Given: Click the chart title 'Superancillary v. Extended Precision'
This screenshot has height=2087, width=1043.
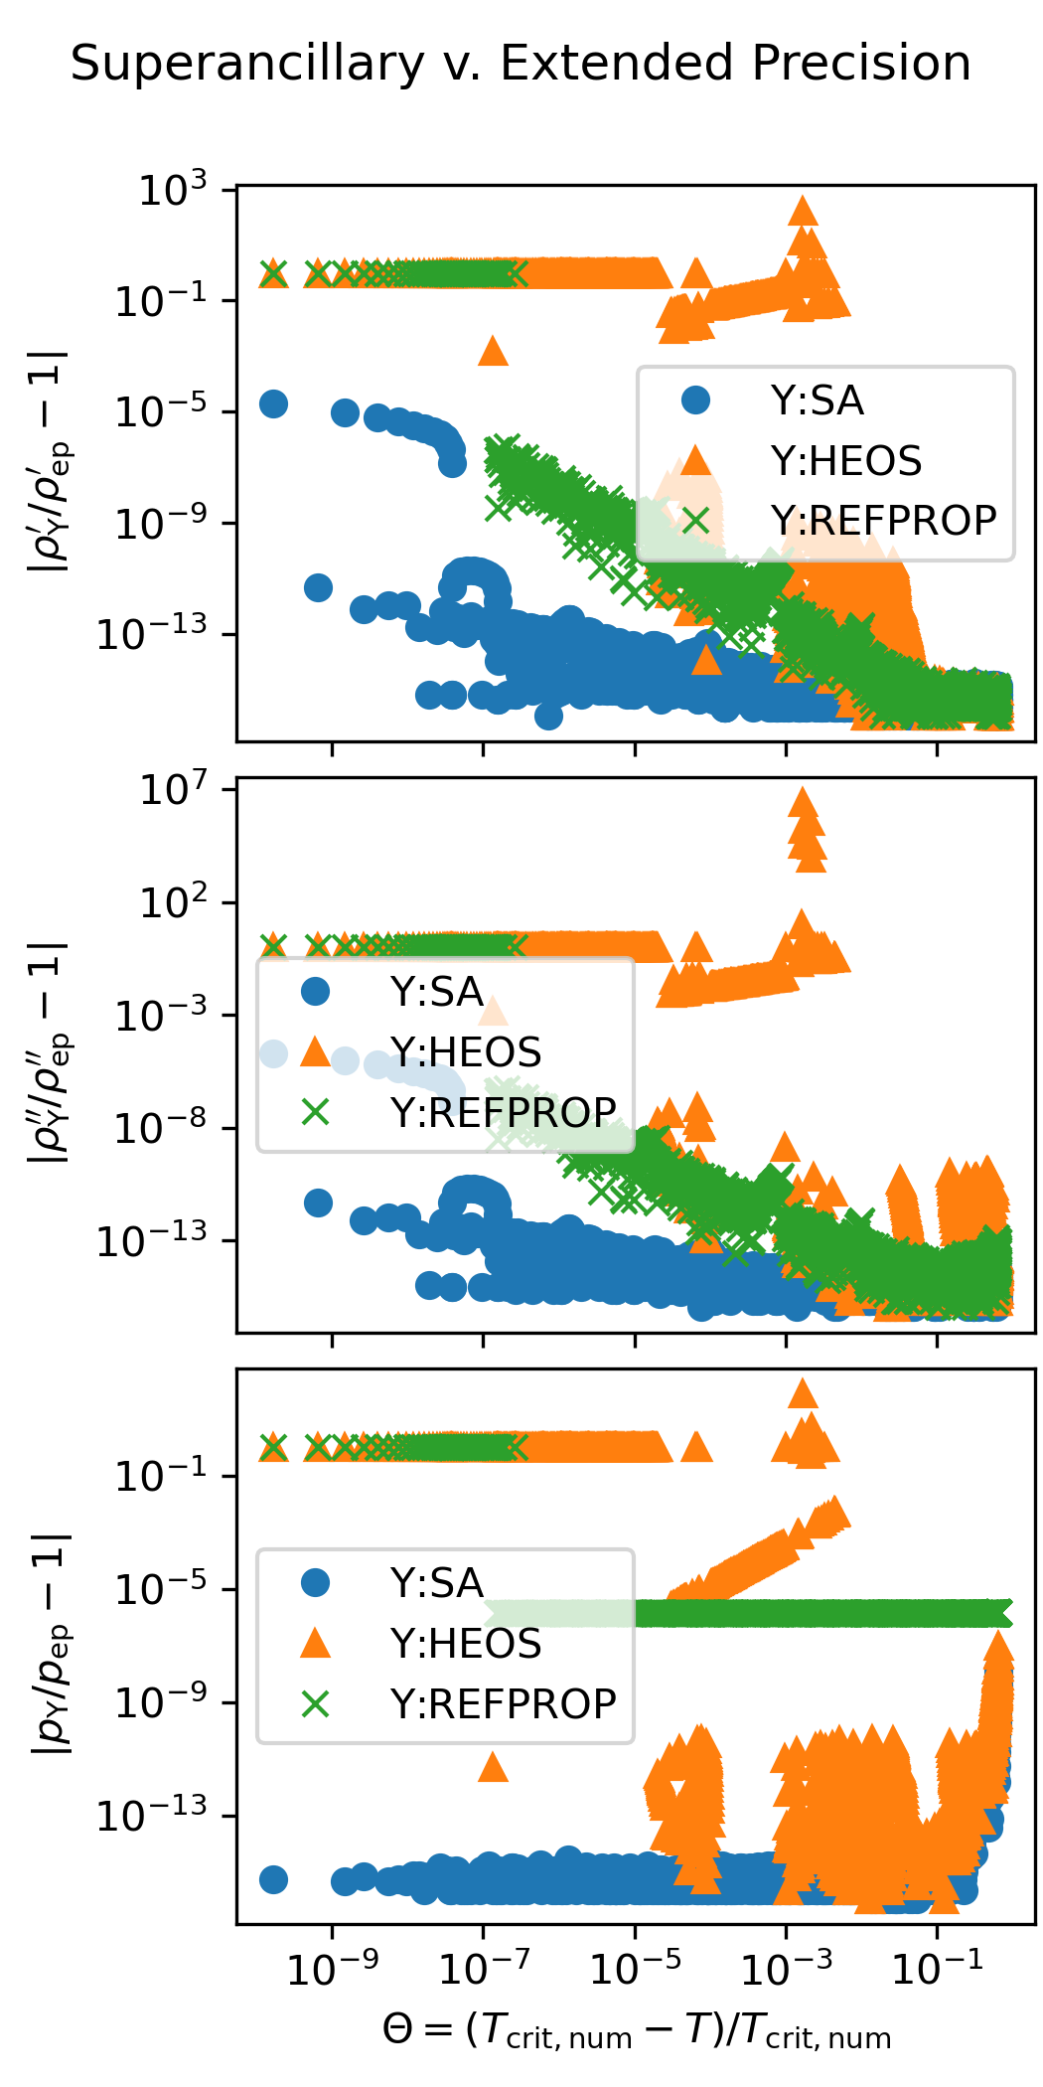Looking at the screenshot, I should [x=521, y=64].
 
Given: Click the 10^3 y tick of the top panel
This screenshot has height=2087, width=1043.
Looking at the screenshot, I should [x=173, y=189].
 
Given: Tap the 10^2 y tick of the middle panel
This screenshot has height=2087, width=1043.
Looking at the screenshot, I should [x=173, y=903].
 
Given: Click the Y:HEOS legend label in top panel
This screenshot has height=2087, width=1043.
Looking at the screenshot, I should [x=846, y=461].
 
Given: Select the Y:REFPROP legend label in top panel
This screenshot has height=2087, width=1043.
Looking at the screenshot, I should [x=883, y=520].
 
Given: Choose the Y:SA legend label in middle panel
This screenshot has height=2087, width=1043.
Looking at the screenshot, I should [x=436, y=992].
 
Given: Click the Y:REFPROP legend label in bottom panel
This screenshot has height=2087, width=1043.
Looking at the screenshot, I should [x=503, y=1703].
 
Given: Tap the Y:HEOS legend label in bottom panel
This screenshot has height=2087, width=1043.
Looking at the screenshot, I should [x=466, y=1644].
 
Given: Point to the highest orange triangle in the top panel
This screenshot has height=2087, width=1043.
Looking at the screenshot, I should [x=803, y=210].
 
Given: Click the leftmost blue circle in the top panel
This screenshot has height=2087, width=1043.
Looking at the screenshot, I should [x=273, y=403].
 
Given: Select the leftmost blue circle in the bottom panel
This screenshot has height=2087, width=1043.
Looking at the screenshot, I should [x=273, y=1879].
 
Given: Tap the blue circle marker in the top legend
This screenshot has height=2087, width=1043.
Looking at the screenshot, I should [x=696, y=401].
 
